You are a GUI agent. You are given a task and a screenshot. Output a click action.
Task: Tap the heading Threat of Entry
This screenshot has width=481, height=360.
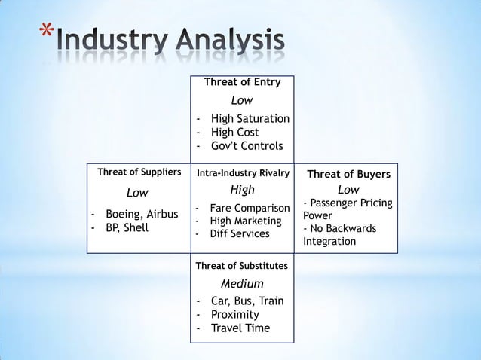point(241,82)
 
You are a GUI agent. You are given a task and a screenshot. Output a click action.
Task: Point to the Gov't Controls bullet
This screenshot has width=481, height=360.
point(247,146)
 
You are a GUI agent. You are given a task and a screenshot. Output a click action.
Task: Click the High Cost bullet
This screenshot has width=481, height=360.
point(234,133)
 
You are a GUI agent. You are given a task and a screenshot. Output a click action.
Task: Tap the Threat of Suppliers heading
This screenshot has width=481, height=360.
point(139,172)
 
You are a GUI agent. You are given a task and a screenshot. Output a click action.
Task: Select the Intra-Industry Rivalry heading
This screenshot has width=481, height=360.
point(243,173)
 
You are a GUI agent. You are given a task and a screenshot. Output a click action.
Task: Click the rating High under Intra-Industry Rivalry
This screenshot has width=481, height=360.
point(242,190)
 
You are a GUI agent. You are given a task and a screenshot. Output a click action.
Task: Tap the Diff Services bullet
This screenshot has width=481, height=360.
point(240,234)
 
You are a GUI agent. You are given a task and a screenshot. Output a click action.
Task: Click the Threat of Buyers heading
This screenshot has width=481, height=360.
point(348,174)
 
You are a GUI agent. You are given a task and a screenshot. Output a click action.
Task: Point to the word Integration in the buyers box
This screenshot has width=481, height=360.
point(330,243)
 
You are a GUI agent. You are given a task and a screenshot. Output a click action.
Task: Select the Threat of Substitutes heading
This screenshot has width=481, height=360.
point(241,266)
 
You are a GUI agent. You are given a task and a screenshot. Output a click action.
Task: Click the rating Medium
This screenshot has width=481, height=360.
point(241,284)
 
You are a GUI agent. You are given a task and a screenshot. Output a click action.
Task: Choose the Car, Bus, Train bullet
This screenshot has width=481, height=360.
point(247,301)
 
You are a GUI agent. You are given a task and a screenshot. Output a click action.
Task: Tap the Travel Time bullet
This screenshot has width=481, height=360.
point(240,328)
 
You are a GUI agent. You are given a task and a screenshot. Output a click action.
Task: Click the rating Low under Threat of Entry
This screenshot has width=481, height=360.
point(241,100)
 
